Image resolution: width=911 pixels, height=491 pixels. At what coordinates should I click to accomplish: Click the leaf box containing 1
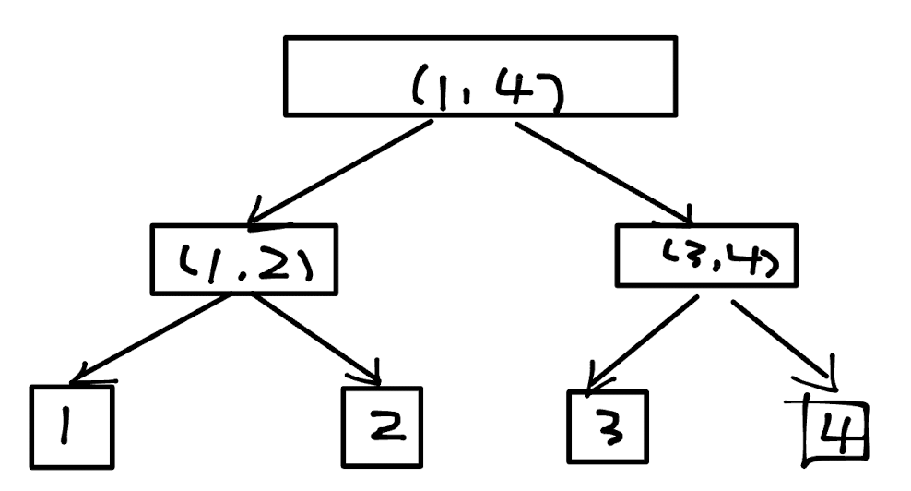pos(72,426)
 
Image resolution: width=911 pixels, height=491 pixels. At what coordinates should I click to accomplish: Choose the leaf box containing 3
pos(607,426)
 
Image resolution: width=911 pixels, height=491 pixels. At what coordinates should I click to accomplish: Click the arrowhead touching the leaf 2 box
pos(374,377)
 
